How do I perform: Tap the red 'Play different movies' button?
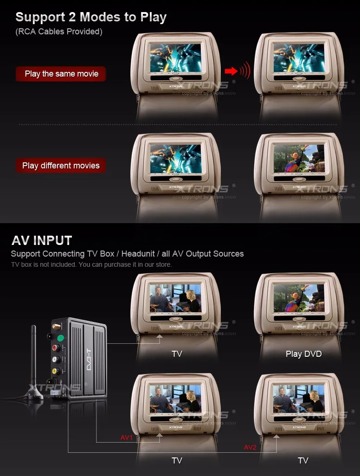pyautogui.click(x=61, y=166)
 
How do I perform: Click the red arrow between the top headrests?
pyautogui.click(x=231, y=71)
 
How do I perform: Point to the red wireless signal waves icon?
pyautogui.click(x=244, y=71)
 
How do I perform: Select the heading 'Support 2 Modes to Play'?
pyautogui.click(x=91, y=18)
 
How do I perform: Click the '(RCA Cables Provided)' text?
pyautogui.click(x=59, y=32)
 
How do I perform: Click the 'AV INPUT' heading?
pyautogui.click(x=42, y=240)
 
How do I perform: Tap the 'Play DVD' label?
pyautogui.click(x=303, y=354)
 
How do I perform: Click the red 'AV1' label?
pyautogui.click(x=127, y=437)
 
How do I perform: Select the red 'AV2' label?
pyautogui.click(x=251, y=447)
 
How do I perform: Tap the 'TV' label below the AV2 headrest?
pyautogui.click(x=303, y=461)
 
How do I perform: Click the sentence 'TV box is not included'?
pyautogui.click(x=91, y=264)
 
